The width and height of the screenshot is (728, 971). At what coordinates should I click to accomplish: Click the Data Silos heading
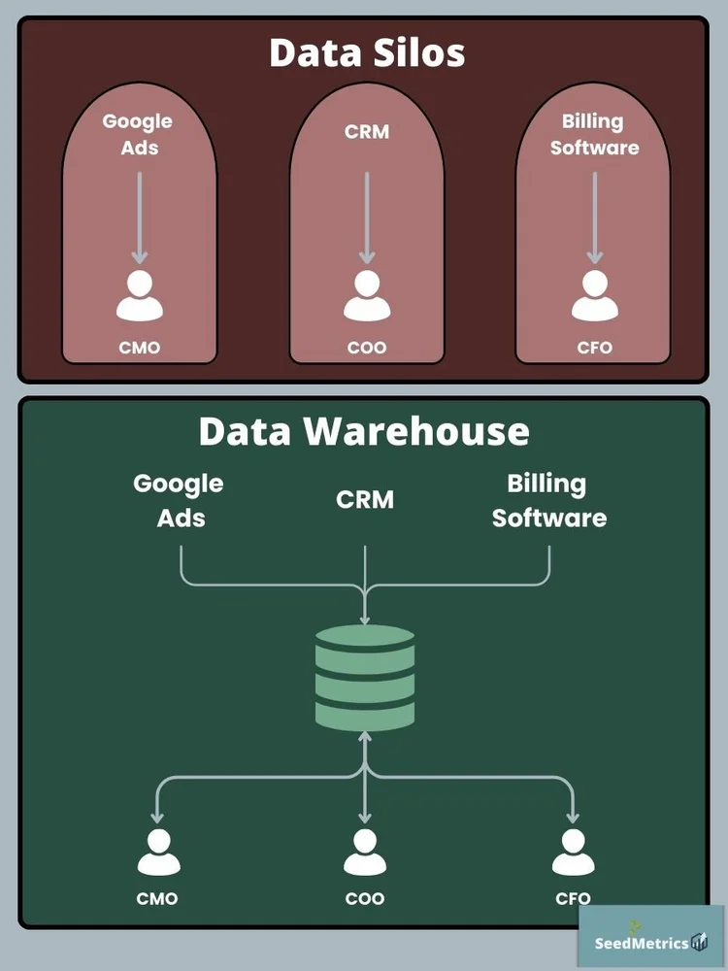(x=367, y=52)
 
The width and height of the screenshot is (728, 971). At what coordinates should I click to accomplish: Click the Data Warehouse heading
(x=364, y=431)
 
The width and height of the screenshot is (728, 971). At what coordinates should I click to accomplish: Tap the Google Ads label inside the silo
(x=138, y=134)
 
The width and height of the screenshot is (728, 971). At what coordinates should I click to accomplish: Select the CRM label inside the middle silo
(x=367, y=132)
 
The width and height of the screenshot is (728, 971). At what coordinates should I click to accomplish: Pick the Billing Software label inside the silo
(x=594, y=134)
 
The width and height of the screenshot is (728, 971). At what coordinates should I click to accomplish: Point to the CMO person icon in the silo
(x=140, y=296)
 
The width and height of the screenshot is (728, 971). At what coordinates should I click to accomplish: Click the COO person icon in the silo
(x=367, y=296)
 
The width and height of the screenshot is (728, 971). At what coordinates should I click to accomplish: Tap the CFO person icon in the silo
(x=594, y=296)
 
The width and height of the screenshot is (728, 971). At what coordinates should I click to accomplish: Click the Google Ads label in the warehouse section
(x=179, y=500)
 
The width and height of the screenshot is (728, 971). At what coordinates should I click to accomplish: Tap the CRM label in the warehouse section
(x=365, y=500)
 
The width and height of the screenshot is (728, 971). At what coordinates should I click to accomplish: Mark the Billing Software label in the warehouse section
(x=548, y=500)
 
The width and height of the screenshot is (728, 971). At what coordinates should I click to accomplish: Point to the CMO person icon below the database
(x=156, y=852)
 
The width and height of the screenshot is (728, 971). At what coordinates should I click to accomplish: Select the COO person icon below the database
(x=365, y=852)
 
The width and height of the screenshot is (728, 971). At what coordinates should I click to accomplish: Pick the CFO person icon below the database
(x=573, y=852)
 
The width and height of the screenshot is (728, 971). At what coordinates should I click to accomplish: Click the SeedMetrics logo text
(x=642, y=943)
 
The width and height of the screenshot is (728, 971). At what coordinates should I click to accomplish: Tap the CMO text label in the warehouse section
(x=156, y=899)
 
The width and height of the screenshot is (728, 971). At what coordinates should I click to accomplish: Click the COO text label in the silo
(x=367, y=347)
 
